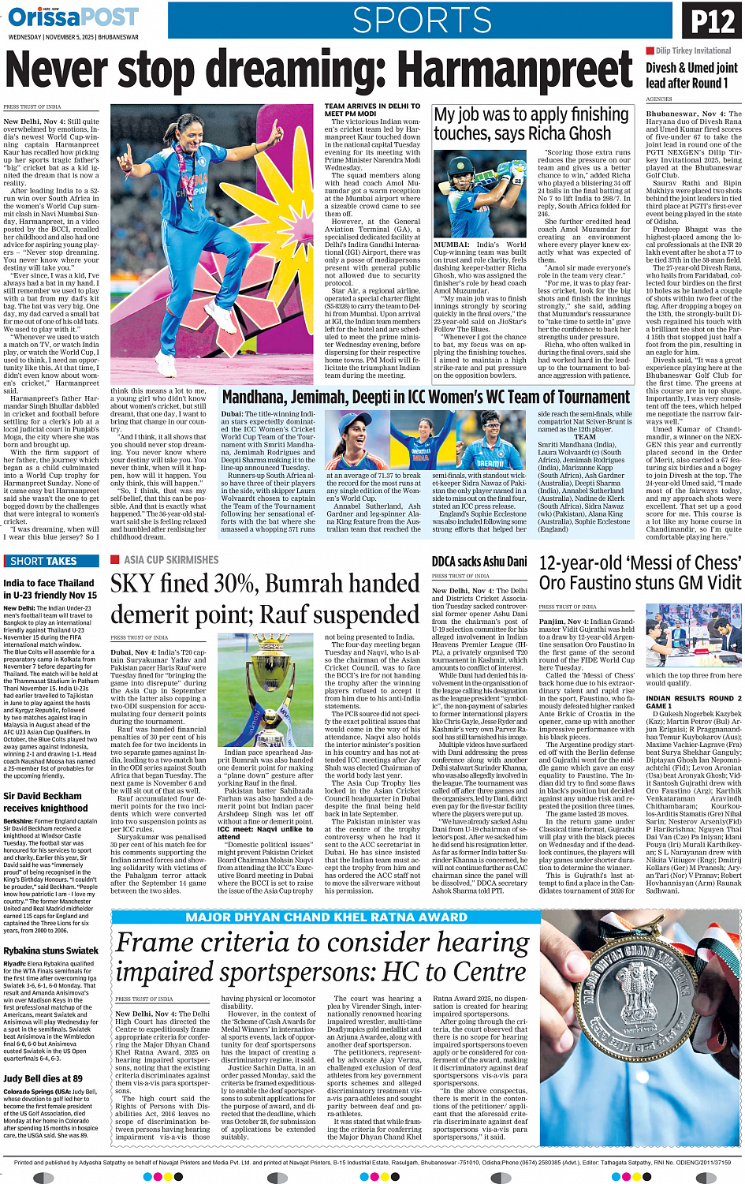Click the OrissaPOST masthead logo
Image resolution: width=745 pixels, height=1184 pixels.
73,17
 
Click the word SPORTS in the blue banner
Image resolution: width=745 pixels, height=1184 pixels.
422,21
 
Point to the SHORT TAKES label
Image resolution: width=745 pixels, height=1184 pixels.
44,561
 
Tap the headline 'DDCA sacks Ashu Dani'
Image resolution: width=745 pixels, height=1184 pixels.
479,562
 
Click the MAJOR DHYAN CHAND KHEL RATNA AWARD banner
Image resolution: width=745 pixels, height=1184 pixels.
326,917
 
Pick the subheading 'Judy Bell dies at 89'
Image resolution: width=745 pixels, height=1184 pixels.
43,1078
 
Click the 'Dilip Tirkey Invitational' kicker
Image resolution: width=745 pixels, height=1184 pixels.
693,50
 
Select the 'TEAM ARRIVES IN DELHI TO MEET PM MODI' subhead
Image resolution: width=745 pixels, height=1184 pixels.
372,110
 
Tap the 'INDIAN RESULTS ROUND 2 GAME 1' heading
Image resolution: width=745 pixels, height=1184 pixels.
690,702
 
